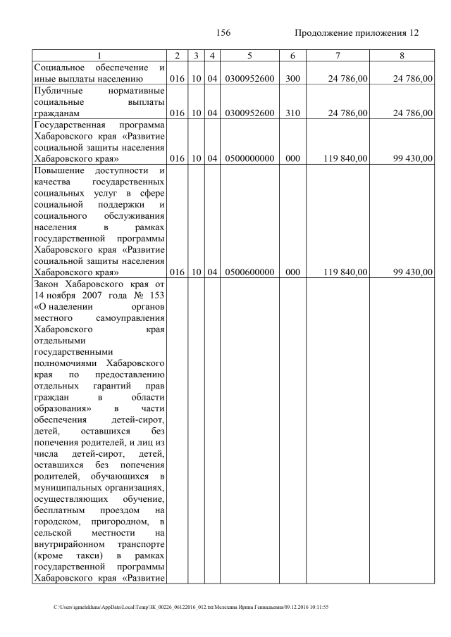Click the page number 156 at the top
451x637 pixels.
tap(223, 33)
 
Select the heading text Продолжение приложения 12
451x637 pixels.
tap(357, 33)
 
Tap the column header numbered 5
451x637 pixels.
tap(249, 56)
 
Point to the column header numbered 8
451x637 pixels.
tap(402, 56)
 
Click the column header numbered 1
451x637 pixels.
tap(99, 56)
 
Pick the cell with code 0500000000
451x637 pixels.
tap(249, 158)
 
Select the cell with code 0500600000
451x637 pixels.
tap(249, 272)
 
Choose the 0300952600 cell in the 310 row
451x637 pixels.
tap(249, 113)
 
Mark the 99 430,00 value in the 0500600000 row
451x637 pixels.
tap(412, 272)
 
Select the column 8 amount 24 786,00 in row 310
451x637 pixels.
tap(412, 113)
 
